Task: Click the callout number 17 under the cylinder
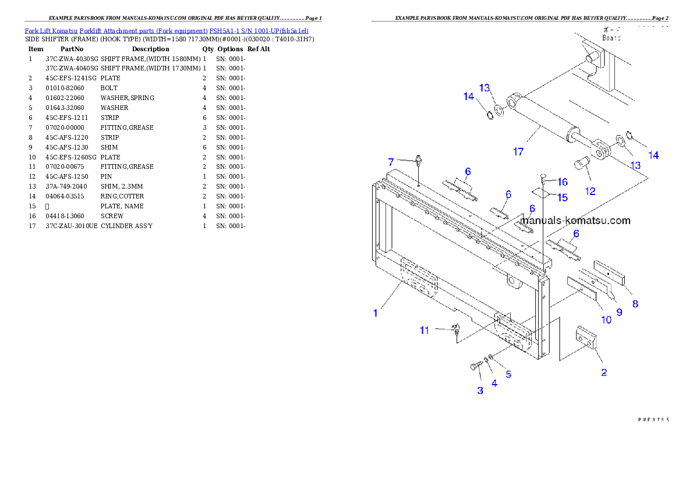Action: pyautogui.click(x=518, y=152)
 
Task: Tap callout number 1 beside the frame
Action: pyautogui.click(x=376, y=313)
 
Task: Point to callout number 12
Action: pyautogui.click(x=591, y=190)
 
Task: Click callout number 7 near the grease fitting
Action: pyautogui.click(x=391, y=161)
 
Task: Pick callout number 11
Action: pyautogui.click(x=425, y=331)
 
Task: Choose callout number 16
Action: pyautogui.click(x=563, y=182)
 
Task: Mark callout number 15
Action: pyautogui.click(x=563, y=198)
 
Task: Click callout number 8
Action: pyautogui.click(x=635, y=303)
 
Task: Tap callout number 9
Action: pyautogui.click(x=619, y=312)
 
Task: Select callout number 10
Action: pyautogui.click(x=606, y=319)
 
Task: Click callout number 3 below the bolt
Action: pyautogui.click(x=480, y=390)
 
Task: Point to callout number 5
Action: pyautogui.click(x=508, y=374)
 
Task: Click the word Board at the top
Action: pyautogui.click(x=611, y=38)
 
